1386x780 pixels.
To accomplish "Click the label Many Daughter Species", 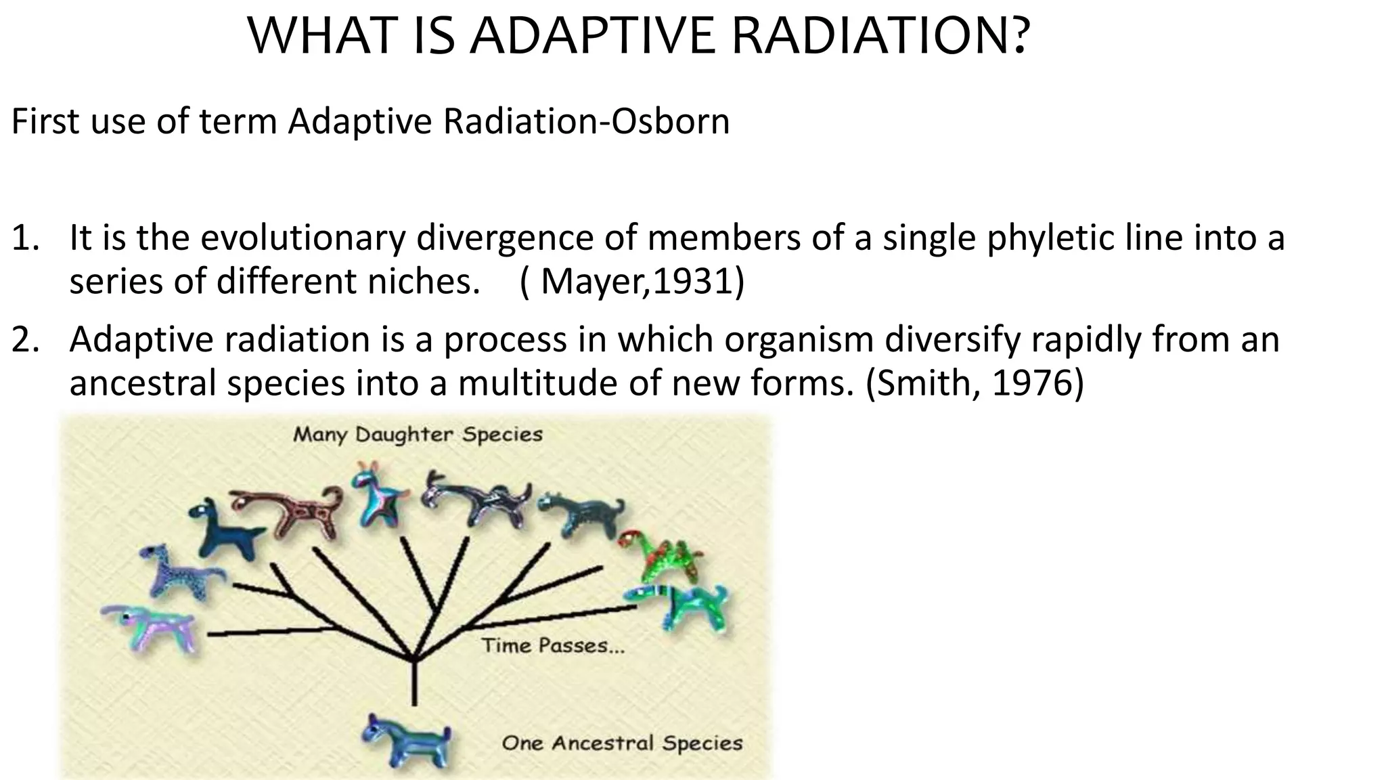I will [418, 435].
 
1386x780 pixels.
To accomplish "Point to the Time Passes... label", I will [553, 645].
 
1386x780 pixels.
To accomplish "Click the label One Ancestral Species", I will [622, 743].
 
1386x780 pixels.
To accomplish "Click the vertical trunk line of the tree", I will [414, 684].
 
